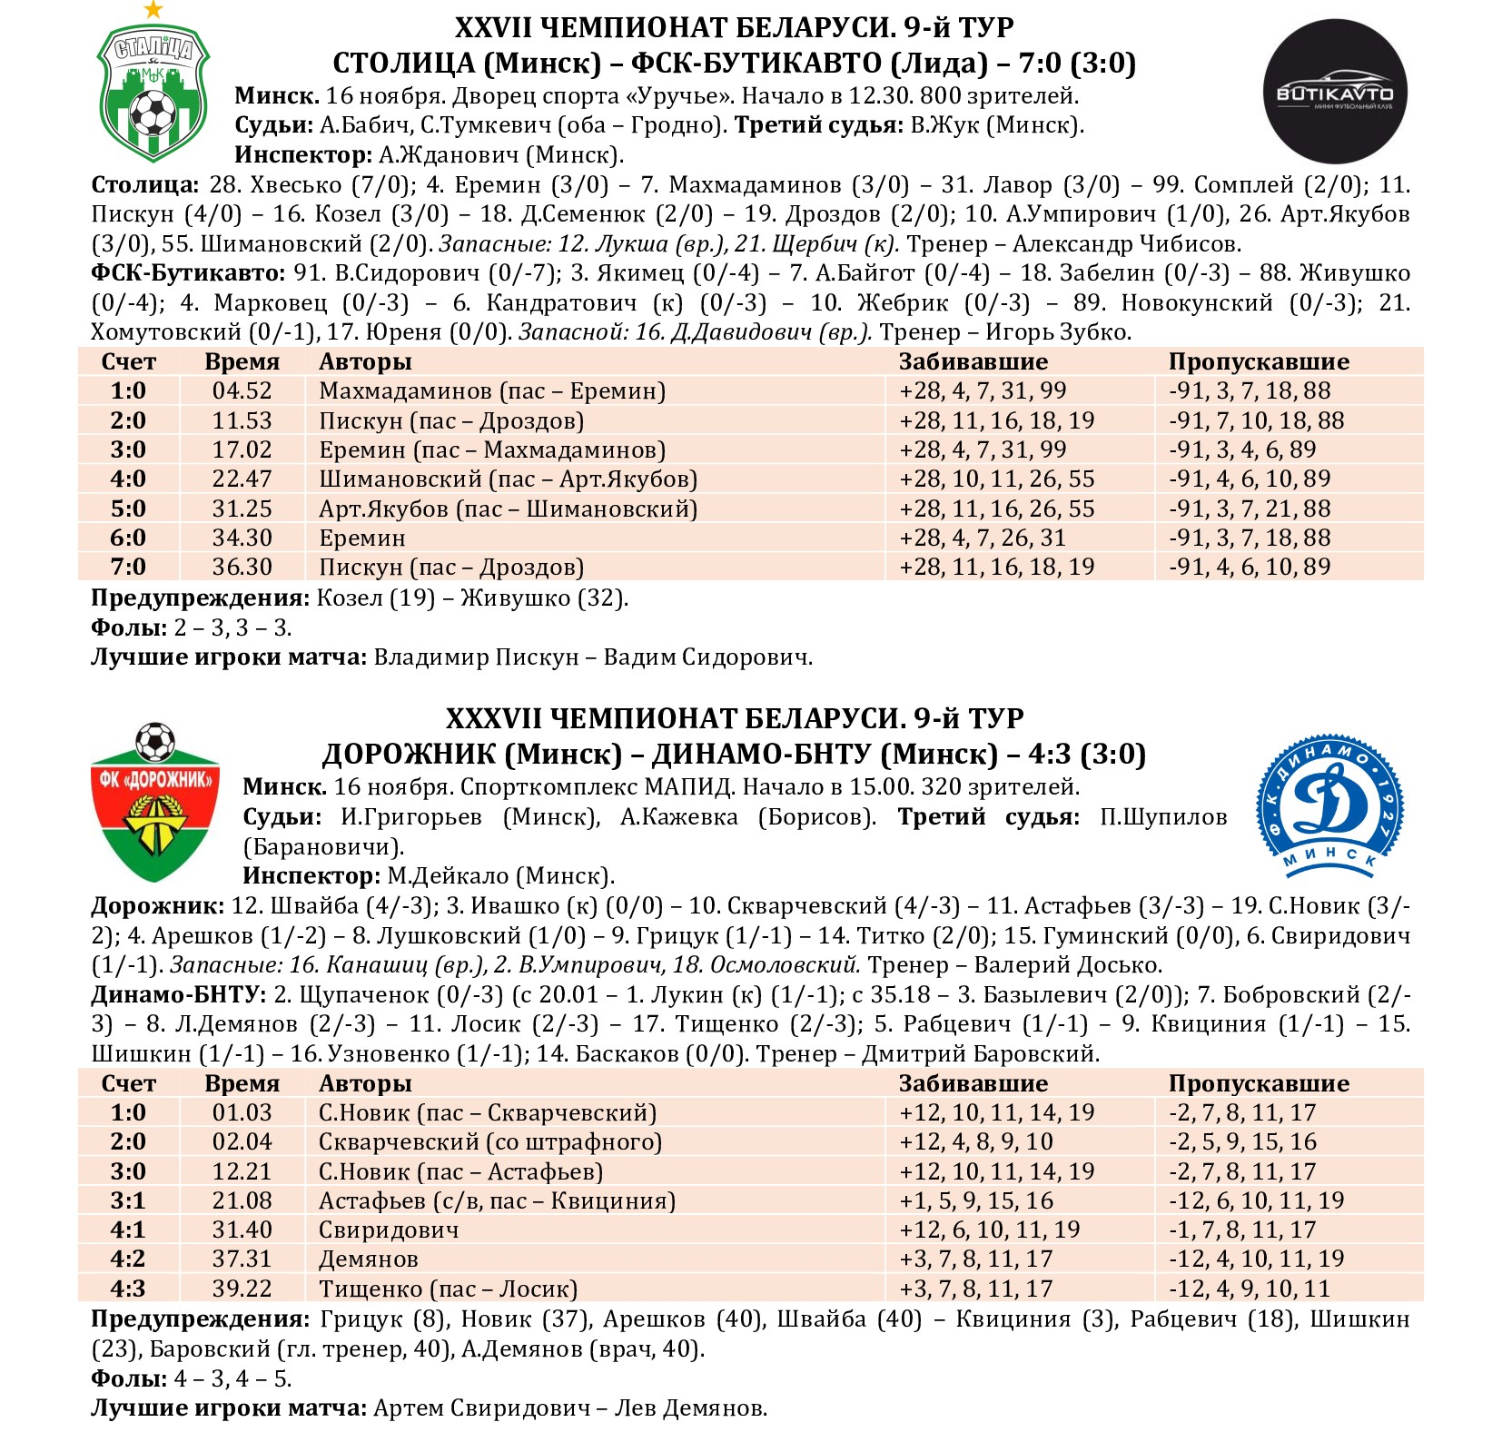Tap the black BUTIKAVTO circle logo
[x=1335, y=91]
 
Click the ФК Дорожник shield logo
[x=154, y=805]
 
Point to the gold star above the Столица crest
[x=153, y=10]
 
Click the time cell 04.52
[x=242, y=391]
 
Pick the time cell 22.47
[x=242, y=479]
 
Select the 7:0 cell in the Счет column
[x=128, y=568]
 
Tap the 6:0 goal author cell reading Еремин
[x=361, y=538]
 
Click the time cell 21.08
[x=242, y=1200]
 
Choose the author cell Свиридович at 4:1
[x=389, y=1230]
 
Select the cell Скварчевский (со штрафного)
[x=489, y=1141]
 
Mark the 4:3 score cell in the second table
[x=128, y=1289]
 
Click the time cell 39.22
[x=242, y=1289]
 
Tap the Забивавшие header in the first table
[x=973, y=362]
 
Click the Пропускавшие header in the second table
[x=1258, y=1083]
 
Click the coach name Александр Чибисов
[x=1126, y=244]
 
